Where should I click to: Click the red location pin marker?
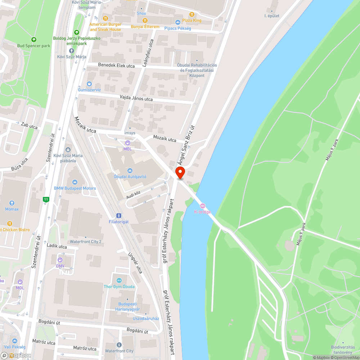[180, 173]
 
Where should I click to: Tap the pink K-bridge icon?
[202, 206]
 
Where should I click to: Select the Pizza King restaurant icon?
[192, 14]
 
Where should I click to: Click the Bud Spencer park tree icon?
[34, 40]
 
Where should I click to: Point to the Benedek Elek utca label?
[116, 66]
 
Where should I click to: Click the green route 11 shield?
[46, 199]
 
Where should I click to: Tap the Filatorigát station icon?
[118, 215]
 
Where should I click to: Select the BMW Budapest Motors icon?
[75, 182]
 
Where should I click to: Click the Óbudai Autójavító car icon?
[130, 170]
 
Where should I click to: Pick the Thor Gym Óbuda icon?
[119, 280]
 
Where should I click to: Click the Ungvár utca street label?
[135, 263]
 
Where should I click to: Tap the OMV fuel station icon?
[60, 260]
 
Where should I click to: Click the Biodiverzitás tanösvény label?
[343, 349]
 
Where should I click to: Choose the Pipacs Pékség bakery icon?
[177, 22]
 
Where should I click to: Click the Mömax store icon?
[12, 203]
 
